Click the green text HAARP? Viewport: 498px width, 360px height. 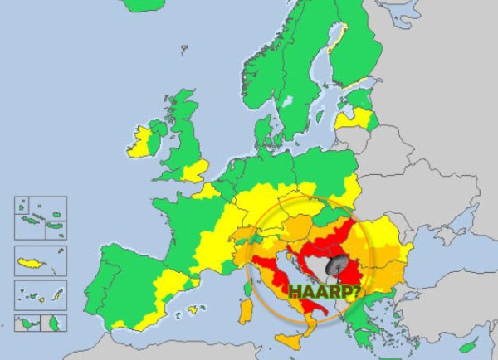tap(325, 290)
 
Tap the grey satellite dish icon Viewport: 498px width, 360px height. tap(338, 266)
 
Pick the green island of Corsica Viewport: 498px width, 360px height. tap(247, 287)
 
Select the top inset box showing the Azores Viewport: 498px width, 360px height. tap(41, 216)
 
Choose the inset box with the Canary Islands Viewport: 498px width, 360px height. tap(41, 294)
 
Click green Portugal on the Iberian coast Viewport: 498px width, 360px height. tap(106, 279)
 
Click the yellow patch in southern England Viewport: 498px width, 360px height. tap(195, 172)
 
